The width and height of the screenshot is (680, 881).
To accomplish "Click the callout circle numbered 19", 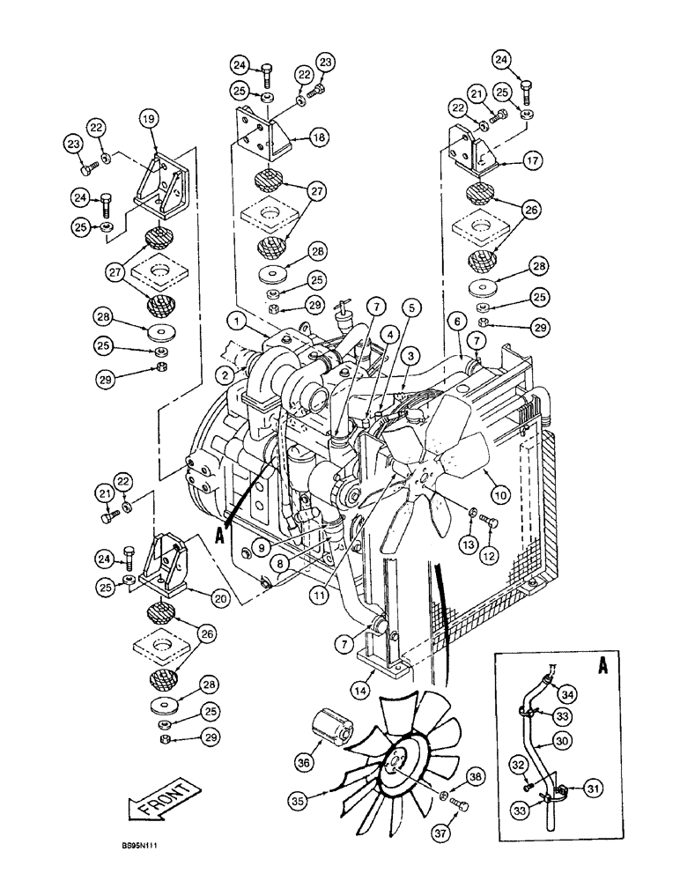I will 148,118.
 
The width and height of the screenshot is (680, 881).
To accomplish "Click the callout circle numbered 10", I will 501,496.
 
